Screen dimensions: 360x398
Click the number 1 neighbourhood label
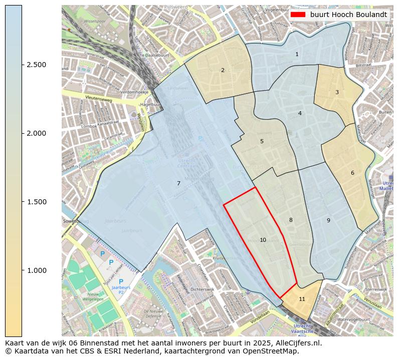point(297,54)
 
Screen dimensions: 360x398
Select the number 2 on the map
point(223,70)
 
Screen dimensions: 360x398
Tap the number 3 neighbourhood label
point(337,92)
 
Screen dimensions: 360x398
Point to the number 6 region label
point(352,173)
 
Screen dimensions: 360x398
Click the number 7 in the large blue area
point(178,183)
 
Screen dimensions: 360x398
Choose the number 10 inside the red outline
point(263,240)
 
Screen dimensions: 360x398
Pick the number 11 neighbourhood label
point(302,299)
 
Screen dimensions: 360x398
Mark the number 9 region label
point(328,220)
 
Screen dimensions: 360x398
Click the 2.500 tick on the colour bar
point(37,65)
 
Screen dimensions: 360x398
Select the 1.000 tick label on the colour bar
point(37,270)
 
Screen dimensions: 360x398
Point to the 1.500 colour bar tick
point(37,202)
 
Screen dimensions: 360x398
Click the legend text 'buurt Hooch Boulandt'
point(348,15)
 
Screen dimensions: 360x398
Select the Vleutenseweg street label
point(97,98)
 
